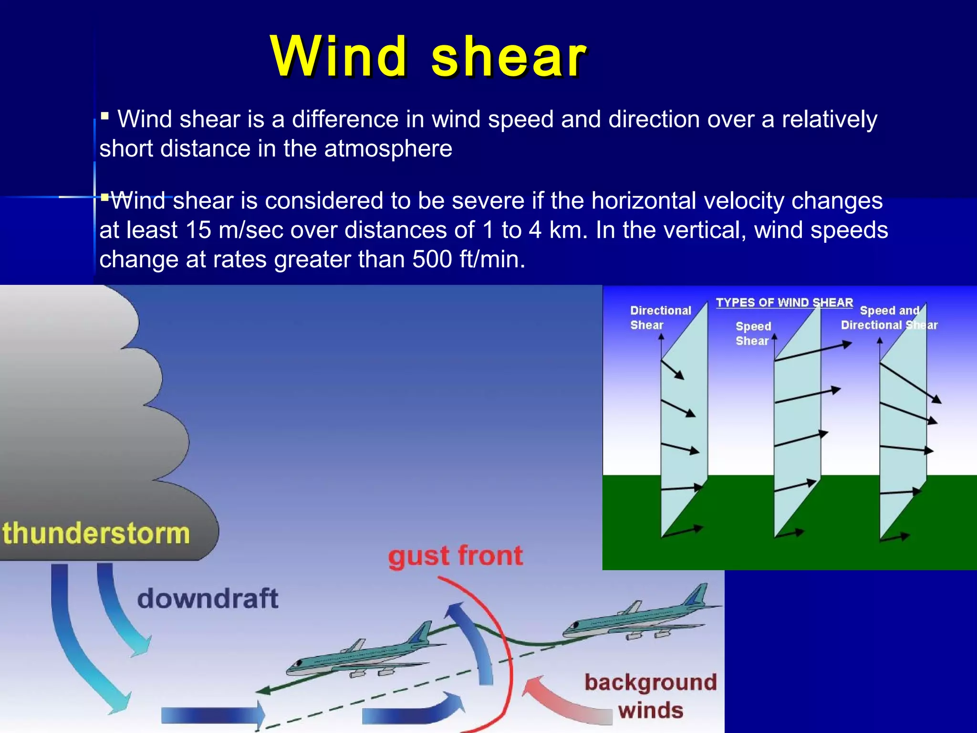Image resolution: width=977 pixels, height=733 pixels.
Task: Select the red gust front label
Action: (x=456, y=556)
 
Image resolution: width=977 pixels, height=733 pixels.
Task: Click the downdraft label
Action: (x=208, y=598)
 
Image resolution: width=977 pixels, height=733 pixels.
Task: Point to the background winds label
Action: (x=651, y=696)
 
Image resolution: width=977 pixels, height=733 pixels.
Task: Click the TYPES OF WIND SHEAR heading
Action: (x=784, y=303)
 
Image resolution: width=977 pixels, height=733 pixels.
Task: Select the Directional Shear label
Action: (x=660, y=318)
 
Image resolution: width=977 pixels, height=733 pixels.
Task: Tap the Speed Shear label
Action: (x=753, y=334)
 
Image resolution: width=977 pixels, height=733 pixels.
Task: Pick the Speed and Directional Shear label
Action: (x=889, y=318)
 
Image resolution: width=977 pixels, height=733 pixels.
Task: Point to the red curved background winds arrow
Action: (x=563, y=702)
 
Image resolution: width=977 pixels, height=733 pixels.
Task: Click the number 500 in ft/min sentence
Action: (x=432, y=260)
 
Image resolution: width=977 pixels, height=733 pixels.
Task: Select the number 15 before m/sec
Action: (x=198, y=230)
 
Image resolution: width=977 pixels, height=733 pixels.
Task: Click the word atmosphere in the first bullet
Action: (x=388, y=148)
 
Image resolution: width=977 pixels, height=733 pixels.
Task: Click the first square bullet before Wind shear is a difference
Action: (x=105, y=115)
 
